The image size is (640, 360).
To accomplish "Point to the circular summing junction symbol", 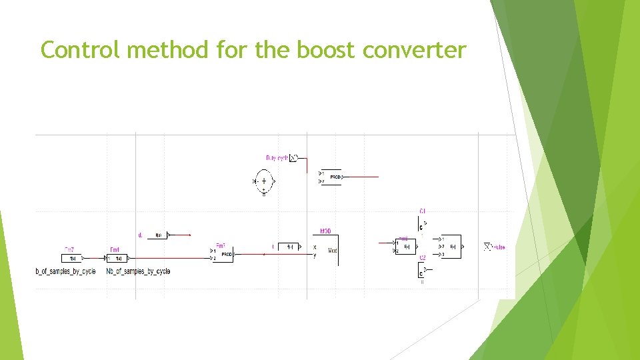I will click(x=264, y=181).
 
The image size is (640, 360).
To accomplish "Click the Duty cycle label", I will click(x=277, y=158).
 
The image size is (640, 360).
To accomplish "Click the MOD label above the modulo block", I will click(x=325, y=231).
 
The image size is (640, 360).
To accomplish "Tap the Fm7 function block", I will click(x=71, y=258).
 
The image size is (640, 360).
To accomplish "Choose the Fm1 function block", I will click(x=116, y=258).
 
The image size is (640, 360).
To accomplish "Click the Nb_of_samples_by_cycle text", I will click(x=138, y=271).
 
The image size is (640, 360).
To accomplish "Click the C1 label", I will click(x=423, y=211).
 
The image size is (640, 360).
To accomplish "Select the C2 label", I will click(x=423, y=257).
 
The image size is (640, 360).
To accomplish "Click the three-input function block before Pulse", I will click(x=452, y=247).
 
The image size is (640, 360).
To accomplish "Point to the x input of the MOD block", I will click(x=315, y=247).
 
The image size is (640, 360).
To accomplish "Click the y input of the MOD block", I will click(x=315, y=255).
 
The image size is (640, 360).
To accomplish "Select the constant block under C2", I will click(x=421, y=272).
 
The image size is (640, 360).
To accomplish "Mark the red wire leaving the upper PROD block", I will click(x=361, y=177).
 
